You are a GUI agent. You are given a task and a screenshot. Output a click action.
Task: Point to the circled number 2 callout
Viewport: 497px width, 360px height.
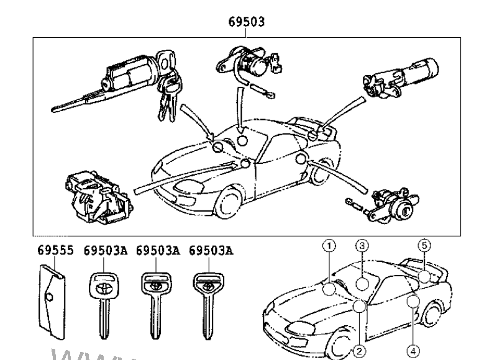click(x=357, y=351)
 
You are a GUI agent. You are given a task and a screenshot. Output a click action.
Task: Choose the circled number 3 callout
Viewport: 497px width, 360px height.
click(x=363, y=245)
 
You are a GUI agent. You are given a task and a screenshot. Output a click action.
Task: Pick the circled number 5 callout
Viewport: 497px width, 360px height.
click(x=424, y=245)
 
